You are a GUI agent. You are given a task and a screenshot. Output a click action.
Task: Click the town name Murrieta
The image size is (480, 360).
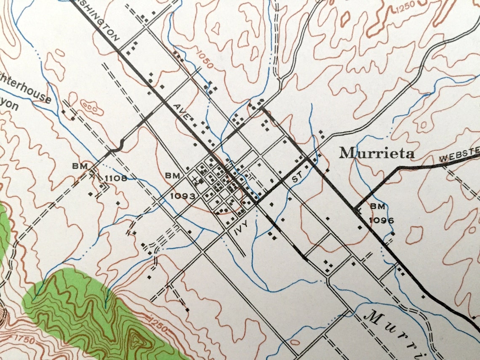[377, 153]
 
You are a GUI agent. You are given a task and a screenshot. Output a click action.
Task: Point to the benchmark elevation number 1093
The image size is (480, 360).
[183, 196]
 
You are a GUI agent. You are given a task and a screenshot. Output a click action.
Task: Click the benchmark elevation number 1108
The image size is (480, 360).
[115, 178]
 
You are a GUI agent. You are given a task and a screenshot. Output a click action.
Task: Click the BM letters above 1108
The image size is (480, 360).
[80, 166]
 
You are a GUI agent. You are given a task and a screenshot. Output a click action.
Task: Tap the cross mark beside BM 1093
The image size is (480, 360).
[195, 181]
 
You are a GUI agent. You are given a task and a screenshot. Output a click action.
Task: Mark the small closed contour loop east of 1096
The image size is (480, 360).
[415, 234]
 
